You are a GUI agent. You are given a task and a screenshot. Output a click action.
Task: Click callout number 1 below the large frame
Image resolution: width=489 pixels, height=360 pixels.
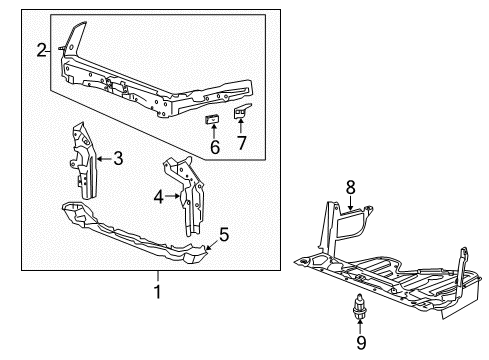pos(157,292)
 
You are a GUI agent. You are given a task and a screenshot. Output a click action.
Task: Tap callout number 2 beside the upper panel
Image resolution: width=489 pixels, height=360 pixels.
pos(41,51)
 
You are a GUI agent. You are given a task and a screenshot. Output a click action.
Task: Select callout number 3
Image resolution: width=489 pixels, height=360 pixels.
pos(118,158)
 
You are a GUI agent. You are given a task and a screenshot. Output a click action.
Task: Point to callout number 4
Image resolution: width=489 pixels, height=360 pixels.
pos(158,197)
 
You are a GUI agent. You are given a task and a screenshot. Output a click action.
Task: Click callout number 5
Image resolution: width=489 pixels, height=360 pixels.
pos(224,234)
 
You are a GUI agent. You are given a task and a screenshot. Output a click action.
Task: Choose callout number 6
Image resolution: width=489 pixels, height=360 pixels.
pos(215,147)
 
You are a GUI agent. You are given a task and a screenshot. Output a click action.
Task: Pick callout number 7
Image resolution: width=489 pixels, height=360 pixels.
pos(241,143)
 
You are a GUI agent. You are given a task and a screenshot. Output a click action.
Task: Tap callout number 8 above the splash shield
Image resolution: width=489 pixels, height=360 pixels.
pos(350,188)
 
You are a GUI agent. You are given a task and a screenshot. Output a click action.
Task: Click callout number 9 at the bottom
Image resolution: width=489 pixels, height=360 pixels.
pos(361,342)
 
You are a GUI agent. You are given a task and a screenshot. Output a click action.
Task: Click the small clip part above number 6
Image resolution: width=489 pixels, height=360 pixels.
pos(212,119)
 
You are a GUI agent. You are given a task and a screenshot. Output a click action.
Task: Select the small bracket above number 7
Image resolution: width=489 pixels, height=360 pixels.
pos(241,111)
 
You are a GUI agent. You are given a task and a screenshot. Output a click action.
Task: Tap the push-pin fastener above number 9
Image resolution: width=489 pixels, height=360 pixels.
pos(359,306)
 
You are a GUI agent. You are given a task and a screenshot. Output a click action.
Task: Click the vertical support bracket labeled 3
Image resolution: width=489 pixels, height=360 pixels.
pos(83,162)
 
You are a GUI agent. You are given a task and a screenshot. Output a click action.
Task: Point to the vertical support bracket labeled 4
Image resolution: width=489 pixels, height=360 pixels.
pos(184,196)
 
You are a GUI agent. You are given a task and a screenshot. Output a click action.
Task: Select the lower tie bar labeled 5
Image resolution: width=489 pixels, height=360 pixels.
pos(133,232)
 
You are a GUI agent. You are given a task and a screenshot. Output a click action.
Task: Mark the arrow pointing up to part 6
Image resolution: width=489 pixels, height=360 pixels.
pos(213,131)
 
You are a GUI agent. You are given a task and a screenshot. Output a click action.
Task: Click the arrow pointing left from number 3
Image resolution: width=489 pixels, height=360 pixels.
pos(104,159)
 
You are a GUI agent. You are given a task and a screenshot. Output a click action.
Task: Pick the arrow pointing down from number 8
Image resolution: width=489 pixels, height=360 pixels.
pos(350,203)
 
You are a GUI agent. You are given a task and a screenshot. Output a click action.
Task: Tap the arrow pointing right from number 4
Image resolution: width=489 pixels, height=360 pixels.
pos(172,196)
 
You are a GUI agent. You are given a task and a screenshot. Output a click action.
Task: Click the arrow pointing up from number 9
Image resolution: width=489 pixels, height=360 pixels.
pos(360,326)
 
